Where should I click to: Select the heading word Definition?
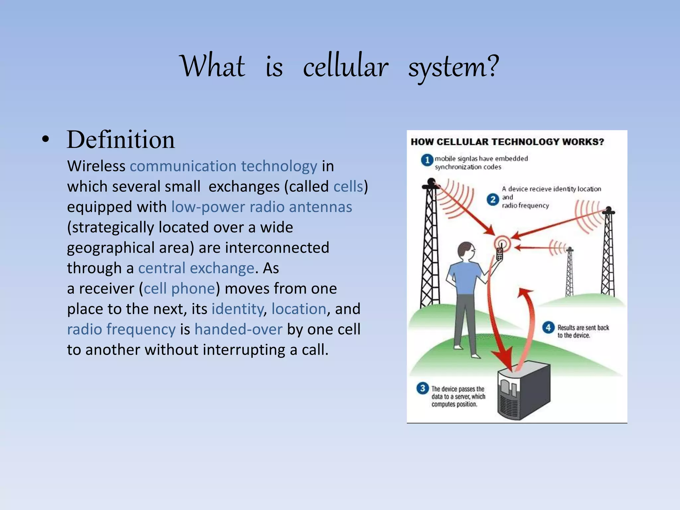(x=121, y=140)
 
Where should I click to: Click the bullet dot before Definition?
(x=46, y=139)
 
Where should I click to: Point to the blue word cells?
(x=348, y=186)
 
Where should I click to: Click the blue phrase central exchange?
(x=196, y=268)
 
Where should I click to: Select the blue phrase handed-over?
(x=238, y=329)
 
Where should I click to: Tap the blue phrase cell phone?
(x=180, y=288)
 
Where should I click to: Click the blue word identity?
(x=237, y=309)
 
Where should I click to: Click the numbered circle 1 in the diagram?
(x=427, y=160)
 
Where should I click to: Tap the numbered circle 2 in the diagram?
(x=493, y=199)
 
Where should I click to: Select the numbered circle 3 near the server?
(x=422, y=388)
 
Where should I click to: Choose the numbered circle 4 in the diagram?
(x=548, y=327)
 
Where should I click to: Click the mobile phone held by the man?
(x=499, y=254)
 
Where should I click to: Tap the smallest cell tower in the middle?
(x=569, y=272)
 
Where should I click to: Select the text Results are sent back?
(x=583, y=327)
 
